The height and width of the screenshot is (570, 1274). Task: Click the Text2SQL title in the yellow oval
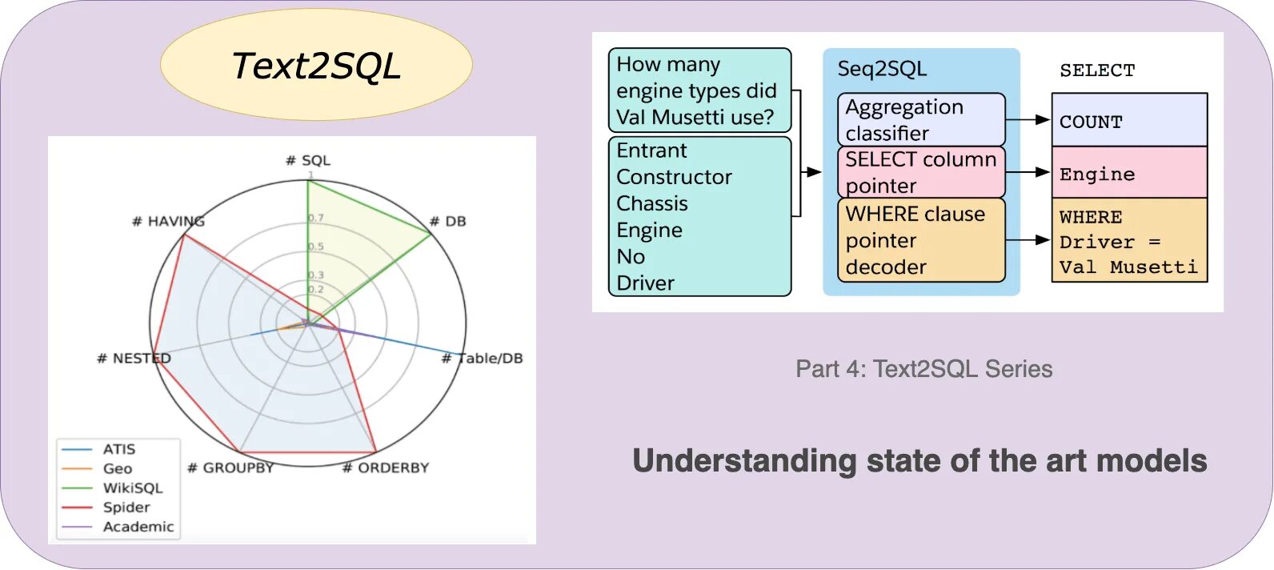coord(316,66)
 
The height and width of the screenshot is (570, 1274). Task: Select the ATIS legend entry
coord(118,449)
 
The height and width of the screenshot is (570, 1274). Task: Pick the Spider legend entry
coord(126,507)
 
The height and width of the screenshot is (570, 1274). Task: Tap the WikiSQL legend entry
coord(132,488)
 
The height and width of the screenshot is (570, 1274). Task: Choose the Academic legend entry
coord(138,526)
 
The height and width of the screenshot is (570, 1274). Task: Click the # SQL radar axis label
coord(308,160)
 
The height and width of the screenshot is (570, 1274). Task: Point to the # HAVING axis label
coord(168,221)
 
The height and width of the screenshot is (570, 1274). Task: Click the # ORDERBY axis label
coord(386,468)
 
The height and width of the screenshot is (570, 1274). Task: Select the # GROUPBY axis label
coord(230,468)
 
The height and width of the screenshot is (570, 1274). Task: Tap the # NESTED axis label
coord(134,358)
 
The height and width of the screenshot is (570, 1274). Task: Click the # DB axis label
coord(447,221)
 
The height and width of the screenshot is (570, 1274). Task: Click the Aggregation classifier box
coord(921,119)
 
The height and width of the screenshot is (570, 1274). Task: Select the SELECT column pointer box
coord(921,172)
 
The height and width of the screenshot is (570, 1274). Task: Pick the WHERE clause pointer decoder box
coord(921,240)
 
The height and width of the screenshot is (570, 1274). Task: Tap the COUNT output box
coord(1129,121)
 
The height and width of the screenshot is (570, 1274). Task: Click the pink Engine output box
coord(1129,173)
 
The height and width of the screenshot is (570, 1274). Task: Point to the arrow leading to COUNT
coord(1028,120)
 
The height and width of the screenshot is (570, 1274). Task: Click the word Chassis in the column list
coord(652,203)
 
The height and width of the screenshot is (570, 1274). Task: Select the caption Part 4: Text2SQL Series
coord(923,369)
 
